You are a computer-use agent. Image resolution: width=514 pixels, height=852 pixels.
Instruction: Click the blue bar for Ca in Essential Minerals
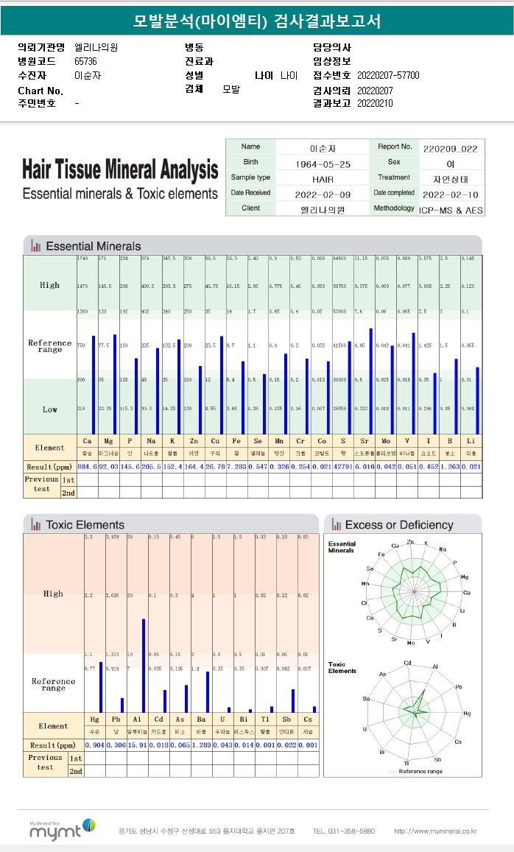(94, 384)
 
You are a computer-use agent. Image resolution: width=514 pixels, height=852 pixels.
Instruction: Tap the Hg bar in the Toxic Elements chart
(101, 687)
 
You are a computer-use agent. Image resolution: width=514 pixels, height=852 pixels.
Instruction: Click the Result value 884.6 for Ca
(87, 467)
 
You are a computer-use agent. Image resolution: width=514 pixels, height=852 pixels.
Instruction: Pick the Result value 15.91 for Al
(137, 745)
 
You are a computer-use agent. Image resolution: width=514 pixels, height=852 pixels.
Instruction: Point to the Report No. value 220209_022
(450, 148)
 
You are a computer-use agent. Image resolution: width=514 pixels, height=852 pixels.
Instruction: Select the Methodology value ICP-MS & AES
(450, 209)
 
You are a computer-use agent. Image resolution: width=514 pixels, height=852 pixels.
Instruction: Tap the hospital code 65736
(85, 61)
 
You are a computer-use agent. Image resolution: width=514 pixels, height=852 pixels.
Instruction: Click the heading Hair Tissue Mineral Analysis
(120, 171)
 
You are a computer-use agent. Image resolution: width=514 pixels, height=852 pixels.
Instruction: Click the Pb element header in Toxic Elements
(116, 719)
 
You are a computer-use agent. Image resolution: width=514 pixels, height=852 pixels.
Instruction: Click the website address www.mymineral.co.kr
(435, 831)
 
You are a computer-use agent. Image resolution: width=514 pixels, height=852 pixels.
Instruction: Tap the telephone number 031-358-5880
(343, 831)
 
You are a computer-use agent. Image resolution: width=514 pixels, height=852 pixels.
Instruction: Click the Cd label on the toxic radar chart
(407, 663)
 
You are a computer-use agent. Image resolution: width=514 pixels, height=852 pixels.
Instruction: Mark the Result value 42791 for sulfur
(342, 467)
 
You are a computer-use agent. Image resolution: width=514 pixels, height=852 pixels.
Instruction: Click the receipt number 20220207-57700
(388, 75)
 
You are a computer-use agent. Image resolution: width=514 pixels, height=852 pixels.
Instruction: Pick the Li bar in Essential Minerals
(477, 401)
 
